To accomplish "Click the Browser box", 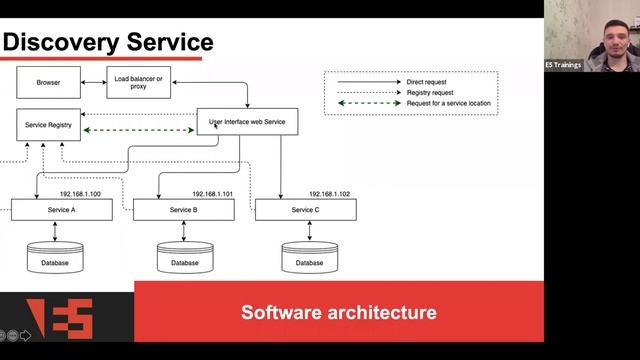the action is [49, 82].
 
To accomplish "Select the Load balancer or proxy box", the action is [139, 82].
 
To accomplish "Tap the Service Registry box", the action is [49, 125].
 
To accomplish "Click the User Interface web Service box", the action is [247, 122].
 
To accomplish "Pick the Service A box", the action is [62, 210].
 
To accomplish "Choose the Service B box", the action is [184, 210].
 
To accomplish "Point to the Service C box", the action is [306, 210].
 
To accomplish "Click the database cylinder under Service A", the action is [55, 257].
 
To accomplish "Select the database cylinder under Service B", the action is [185, 257].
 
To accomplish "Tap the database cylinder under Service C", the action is [309, 257].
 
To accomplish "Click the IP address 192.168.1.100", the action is [80, 194].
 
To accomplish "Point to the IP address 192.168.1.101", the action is [213, 194].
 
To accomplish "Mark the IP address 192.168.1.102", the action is [329, 194].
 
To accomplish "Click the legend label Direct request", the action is [427, 82].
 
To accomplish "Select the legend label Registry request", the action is [430, 93].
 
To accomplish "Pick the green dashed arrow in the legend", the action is [370, 103].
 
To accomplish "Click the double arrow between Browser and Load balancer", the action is [93, 82].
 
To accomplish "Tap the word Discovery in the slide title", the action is [61, 42].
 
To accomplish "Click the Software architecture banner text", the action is [339, 312].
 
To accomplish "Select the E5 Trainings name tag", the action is [563, 65].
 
